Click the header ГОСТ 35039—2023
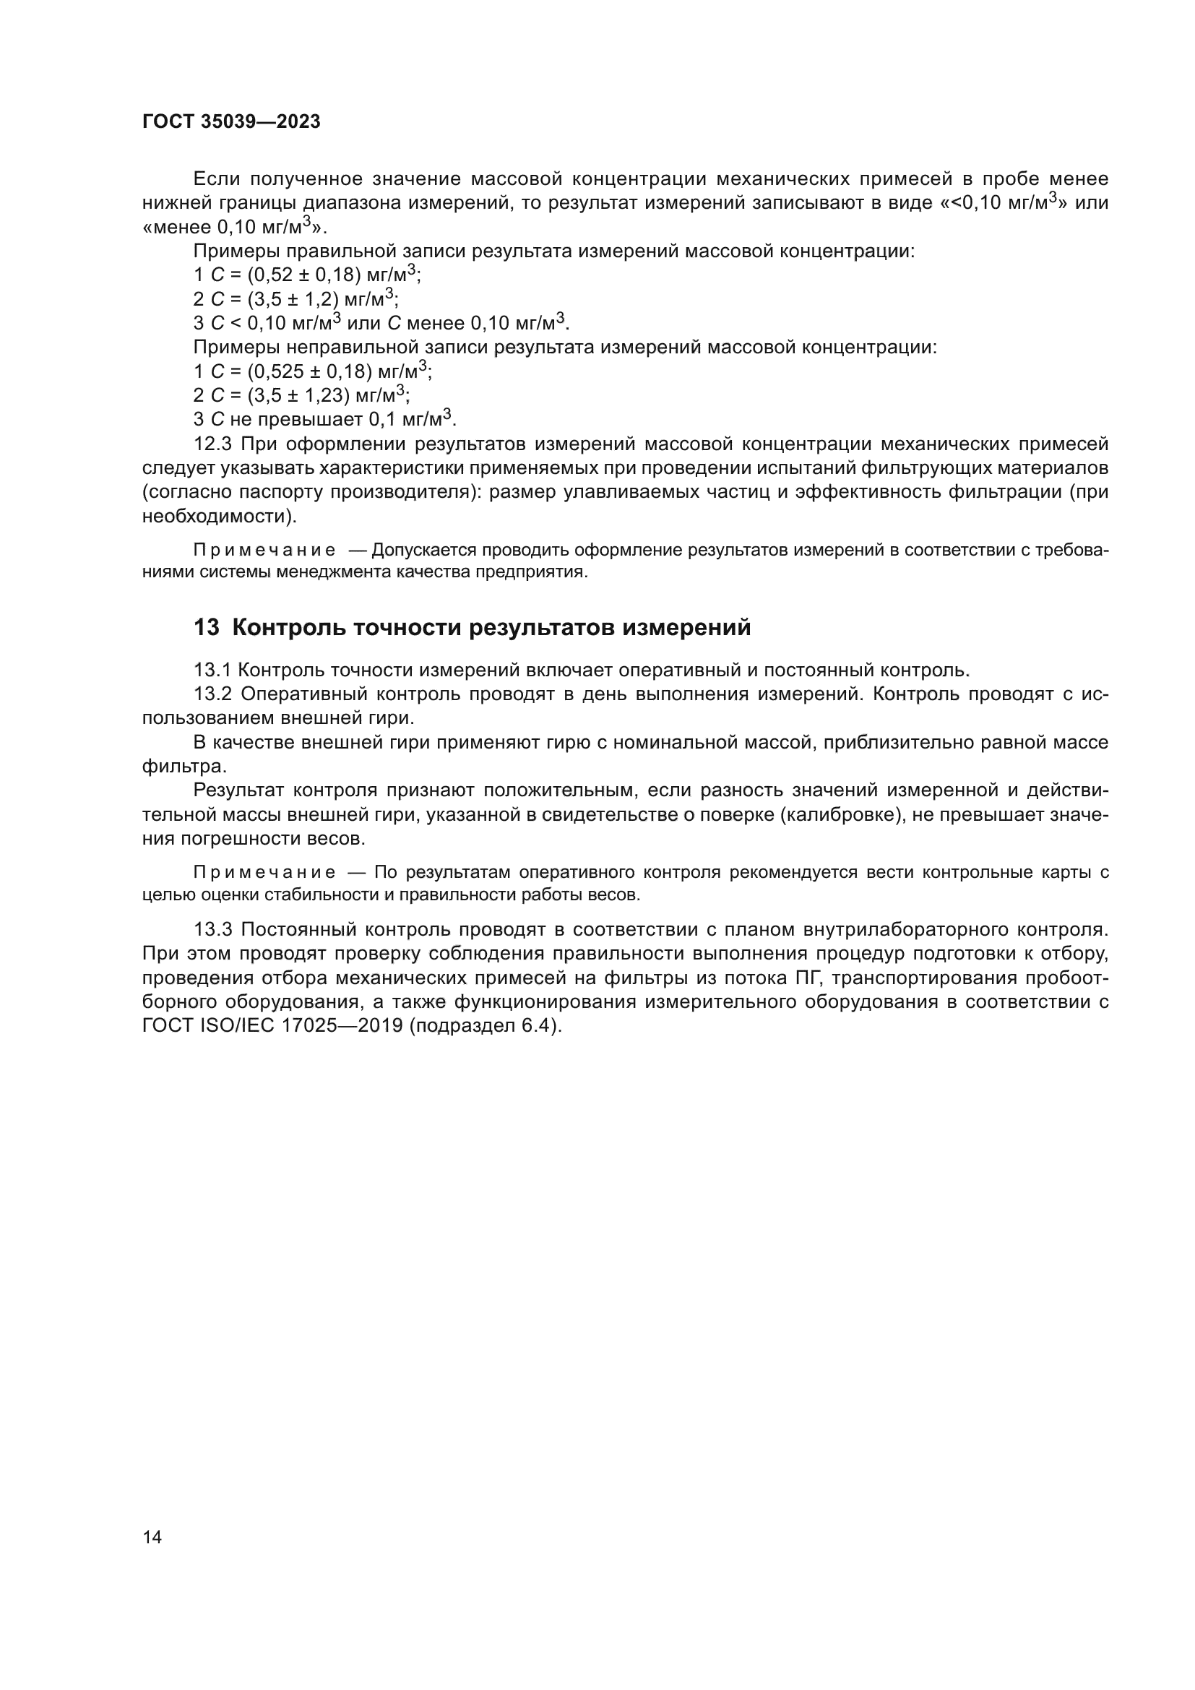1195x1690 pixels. click(x=231, y=122)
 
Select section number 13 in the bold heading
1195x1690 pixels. click(x=207, y=628)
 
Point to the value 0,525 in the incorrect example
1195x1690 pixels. click(x=279, y=371)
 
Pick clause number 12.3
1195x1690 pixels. click(x=212, y=444)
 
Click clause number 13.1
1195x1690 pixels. click(x=212, y=671)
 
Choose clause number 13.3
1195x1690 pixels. click(x=212, y=930)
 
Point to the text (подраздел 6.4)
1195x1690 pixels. click(x=485, y=1026)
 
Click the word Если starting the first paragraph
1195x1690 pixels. click(x=217, y=180)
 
